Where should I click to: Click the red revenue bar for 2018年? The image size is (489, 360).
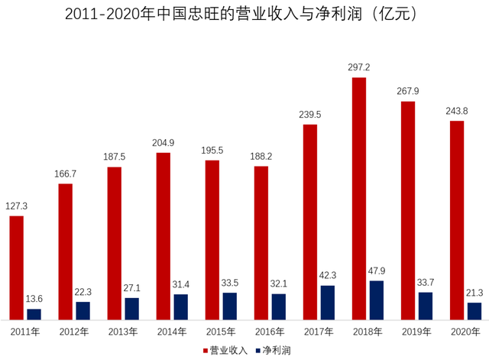pyautogui.click(x=358, y=198)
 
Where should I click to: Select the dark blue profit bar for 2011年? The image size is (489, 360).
pyautogui.click(x=34, y=314)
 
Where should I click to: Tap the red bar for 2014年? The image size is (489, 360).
pyautogui.click(x=163, y=235)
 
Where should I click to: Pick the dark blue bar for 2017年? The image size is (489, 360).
pyautogui.click(x=327, y=302)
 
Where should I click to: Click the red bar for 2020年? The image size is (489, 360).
pyautogui.click(x=456, y=219)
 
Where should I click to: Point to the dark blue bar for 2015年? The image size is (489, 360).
pyautogui.click(x=229, y=306)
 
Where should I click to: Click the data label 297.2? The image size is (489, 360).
pyautogui.click(x=358, y=67)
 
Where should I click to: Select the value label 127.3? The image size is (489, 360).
pyautogui.click(x=16, y=206)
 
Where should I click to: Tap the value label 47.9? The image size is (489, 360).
pyautogui.click(x=376, y=271)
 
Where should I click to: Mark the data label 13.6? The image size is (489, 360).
pyautogui.click(x=34, y=299)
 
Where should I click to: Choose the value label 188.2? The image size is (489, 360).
pyautogui.click(x=261, y=156)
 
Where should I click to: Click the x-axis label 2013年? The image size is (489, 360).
pyautogui.click(x=122, y=332)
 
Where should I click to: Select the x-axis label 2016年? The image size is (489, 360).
pyautogui.click(x=269, y=332)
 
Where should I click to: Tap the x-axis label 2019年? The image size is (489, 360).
pyautogui.click(x=416, y=332)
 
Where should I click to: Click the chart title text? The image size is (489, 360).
pyautogui.click(x=244, y=15)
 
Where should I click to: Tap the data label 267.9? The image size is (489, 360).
pyautogui.click(x=407, y=92)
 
